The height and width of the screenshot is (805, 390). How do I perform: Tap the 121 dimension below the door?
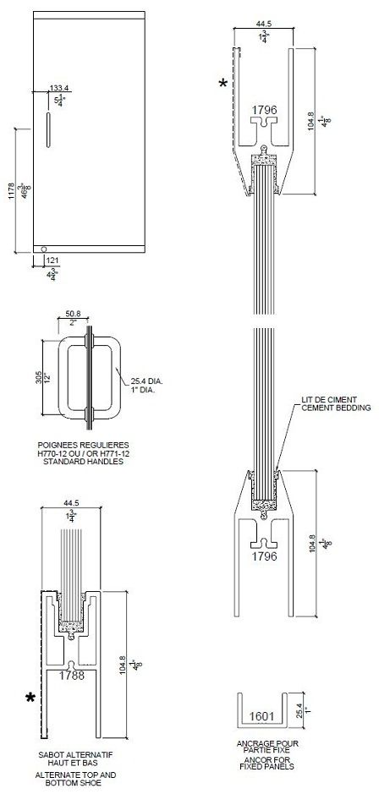click(x=51, y=260)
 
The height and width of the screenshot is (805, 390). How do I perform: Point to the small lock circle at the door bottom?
click(x=44, y=248)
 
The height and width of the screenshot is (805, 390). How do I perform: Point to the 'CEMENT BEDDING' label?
click(x=336, y=408)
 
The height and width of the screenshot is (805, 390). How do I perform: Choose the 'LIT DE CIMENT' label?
click(x=330, y=399)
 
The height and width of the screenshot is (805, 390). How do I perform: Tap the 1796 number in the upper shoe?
click(x=264, y=110)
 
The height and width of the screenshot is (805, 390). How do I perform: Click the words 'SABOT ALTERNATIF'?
click(x=76, y=753)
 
